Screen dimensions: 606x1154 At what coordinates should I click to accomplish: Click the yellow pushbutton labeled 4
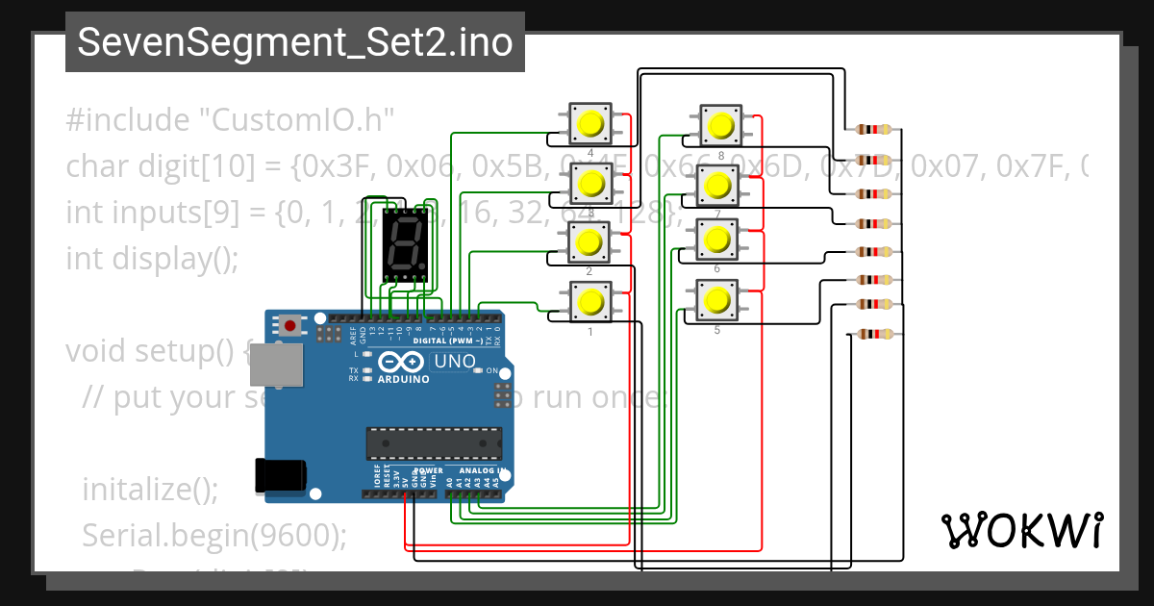589,123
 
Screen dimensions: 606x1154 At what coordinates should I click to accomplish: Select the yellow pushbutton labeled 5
715,300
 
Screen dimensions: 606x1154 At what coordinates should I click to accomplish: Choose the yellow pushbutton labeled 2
589,241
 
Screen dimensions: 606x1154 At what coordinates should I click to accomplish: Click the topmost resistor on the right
873,130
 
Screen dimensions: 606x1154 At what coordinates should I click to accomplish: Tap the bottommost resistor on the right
873,335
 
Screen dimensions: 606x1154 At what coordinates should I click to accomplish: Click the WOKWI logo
1021,530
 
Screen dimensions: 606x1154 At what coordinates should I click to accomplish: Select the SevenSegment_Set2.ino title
294,42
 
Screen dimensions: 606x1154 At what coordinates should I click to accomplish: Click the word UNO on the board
454,362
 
